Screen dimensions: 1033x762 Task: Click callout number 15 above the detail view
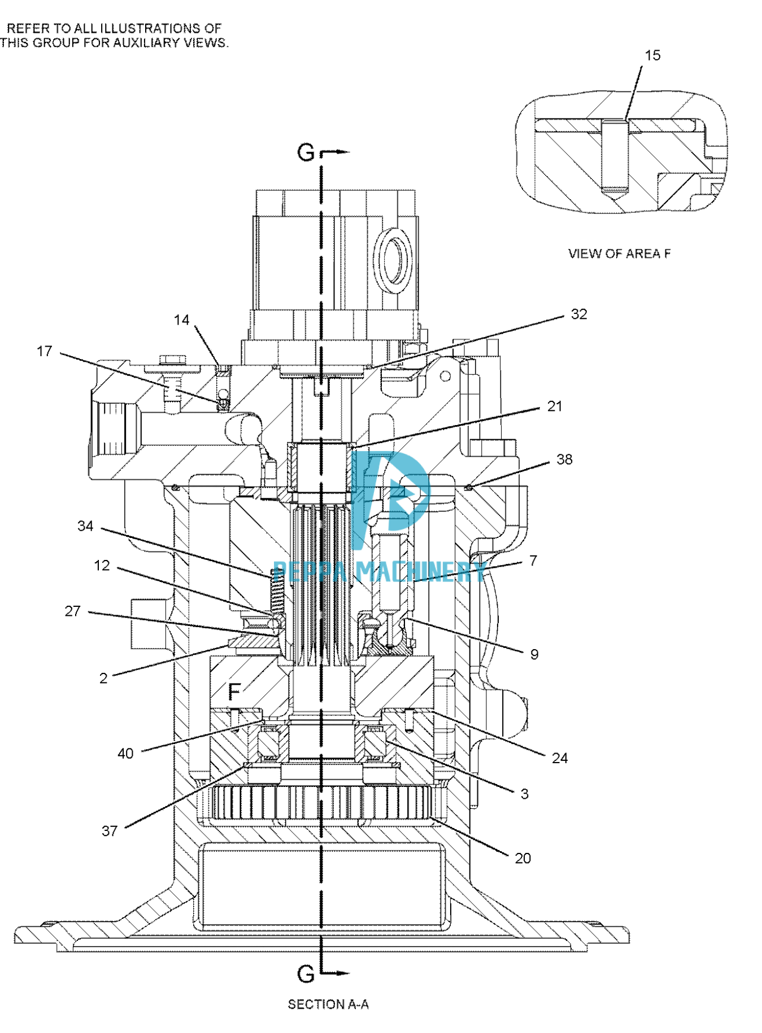click(652, 55)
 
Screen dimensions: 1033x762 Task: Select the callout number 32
click(579, 314)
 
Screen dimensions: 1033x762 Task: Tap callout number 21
click(555, 406)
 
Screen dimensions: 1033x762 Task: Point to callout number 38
click(564, 459)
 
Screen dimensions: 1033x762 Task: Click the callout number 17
click(45, 352)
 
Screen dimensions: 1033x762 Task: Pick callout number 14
click(181, 320)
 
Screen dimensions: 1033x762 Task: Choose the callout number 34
click(85, 526)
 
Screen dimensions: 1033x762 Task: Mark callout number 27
click(73, 611)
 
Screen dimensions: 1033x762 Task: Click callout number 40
click(125, 754)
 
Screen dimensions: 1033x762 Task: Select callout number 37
click(110, 831)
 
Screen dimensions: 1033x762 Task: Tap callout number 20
click(522, 859)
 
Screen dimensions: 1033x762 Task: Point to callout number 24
click(559, 758)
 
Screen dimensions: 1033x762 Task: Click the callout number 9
click(534, 655)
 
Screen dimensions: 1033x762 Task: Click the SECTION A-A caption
click(328, 1004)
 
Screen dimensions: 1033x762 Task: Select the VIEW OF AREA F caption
click(619, 254)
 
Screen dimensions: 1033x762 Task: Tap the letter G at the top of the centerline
click(306, 152)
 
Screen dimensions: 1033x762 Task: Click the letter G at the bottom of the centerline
click(306, 974)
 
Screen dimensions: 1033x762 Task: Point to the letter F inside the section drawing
click(234, 691)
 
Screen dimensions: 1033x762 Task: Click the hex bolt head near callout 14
click(173, 359)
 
